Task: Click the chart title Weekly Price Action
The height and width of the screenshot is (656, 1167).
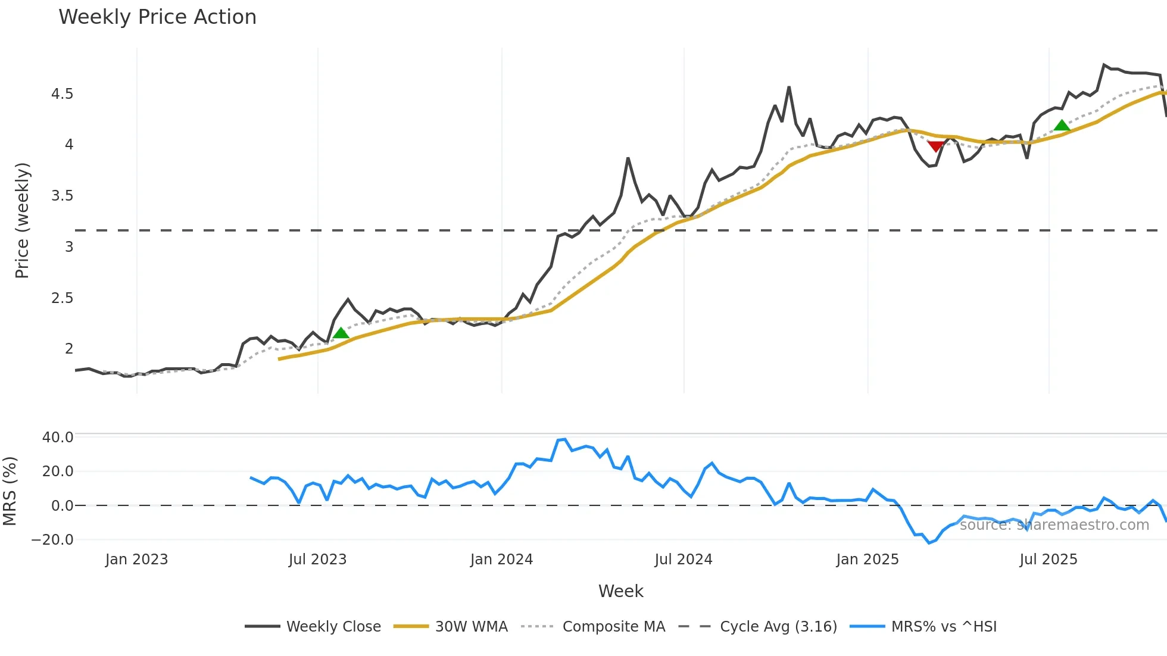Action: point(157,17)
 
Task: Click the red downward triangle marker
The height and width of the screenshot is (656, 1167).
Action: point(935,146)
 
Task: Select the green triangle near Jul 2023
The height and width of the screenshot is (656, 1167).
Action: point(341,333)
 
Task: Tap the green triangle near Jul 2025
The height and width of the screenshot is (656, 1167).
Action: point(1062,125)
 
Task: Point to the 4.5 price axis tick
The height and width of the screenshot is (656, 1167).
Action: point(62,94)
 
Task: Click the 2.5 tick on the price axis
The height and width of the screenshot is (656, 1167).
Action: point(62,298)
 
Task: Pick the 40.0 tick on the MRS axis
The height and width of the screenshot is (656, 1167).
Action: point(58,438)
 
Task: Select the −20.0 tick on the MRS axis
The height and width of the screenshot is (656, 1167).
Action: point(52,540)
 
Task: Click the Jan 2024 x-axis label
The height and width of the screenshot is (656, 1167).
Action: point(501,560)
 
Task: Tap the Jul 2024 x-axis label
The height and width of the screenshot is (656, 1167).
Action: point(683,560)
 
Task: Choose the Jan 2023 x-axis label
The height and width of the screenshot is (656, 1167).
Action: point(136,560)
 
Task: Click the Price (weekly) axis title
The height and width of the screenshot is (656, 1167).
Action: point(22,220)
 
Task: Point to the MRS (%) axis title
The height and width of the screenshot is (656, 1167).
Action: point(10,491)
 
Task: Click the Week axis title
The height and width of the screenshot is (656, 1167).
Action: point(620,591)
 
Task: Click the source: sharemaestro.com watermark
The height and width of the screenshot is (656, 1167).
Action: point(1054,525)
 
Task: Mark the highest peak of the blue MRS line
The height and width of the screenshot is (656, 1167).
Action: point(564,439)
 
